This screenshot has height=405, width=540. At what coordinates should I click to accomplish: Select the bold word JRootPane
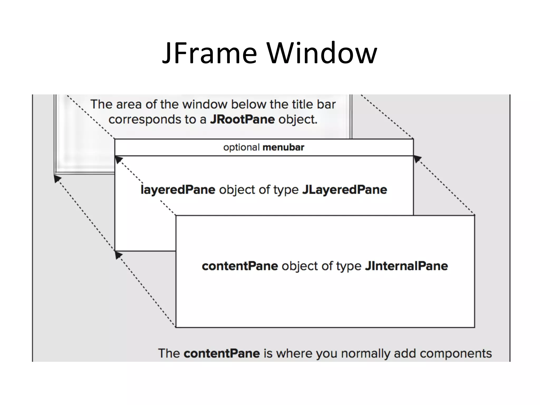(x=242, y=119)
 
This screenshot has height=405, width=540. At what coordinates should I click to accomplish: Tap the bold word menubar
(x=283, y=147)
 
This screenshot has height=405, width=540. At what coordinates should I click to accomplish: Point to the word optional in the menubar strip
(x=242, y=147)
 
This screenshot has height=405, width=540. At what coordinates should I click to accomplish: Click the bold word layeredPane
(x=178, y=190)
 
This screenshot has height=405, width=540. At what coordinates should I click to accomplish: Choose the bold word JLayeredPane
(x=345, y=190)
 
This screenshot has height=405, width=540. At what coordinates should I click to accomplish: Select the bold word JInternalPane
(x=406, y=266)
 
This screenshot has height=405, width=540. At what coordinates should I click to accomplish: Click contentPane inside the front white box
(x=240, y=266)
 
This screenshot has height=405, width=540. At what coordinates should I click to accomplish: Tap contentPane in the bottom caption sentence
(x=222, y=353)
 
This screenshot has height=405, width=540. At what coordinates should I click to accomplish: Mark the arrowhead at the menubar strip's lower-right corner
(x=417, y=159)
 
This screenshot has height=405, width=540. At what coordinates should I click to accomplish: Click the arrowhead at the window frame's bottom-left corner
(x=57, y=179)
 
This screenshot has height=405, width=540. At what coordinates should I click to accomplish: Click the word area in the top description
(x=129, y=104)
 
